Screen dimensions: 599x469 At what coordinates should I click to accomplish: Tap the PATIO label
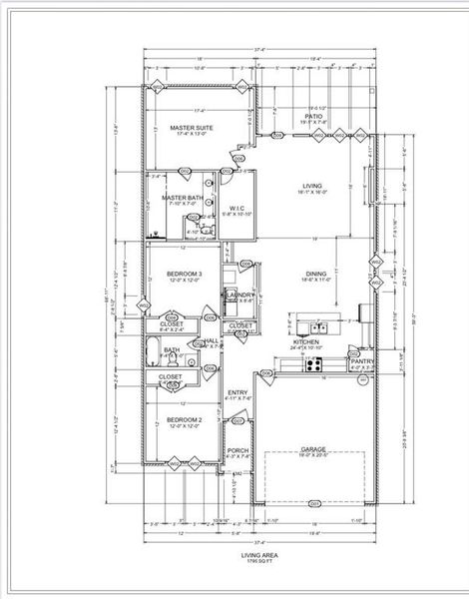(x=313, y=117)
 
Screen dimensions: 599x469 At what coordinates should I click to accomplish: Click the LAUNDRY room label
(x=238, y=295)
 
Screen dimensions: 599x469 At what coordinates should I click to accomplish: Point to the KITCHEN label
(x=306, y=341)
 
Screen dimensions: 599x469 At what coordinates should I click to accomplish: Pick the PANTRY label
(x=361, y=361)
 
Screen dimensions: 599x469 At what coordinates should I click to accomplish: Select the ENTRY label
(x=237, y=392)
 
